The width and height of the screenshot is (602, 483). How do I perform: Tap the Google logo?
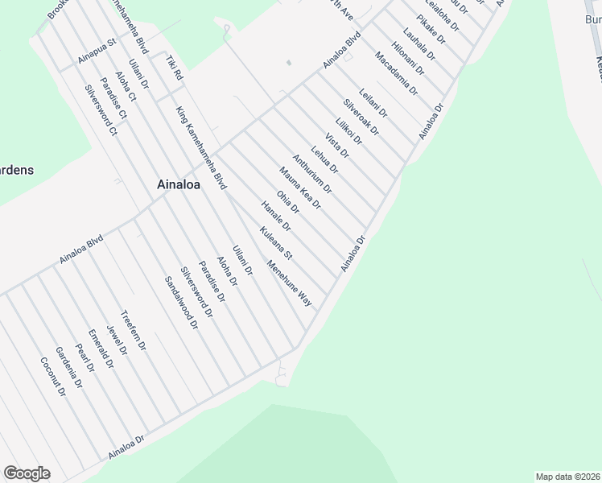(x=27, y=473)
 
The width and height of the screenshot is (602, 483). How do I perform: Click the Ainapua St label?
(x=97, y=50)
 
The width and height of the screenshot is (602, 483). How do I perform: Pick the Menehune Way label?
(x=290, y=284)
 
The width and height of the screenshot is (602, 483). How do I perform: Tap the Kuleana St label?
(x=275, y=243)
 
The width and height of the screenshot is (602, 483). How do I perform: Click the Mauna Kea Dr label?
(x=300, y=188)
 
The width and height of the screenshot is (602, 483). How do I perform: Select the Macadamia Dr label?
(x=397, y=74)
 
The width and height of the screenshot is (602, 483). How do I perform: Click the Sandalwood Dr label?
(x=181, y=303)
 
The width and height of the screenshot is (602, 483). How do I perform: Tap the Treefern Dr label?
(x=133, y=331)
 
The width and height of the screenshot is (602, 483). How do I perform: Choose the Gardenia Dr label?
(x=68, y=367)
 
